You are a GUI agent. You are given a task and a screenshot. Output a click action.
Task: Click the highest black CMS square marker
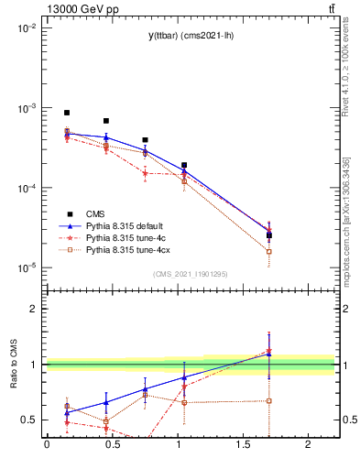[67, 113]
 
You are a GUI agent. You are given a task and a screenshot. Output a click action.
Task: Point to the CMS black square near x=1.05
[184, 166]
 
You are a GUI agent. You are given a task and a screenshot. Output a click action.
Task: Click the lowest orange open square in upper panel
[268, 251]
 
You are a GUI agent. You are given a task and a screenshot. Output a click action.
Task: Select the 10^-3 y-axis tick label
[26, 108]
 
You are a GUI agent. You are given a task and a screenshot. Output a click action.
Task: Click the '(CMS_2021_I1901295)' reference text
[191, 274]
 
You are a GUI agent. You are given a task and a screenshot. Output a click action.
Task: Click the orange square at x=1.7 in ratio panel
[268, 400]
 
